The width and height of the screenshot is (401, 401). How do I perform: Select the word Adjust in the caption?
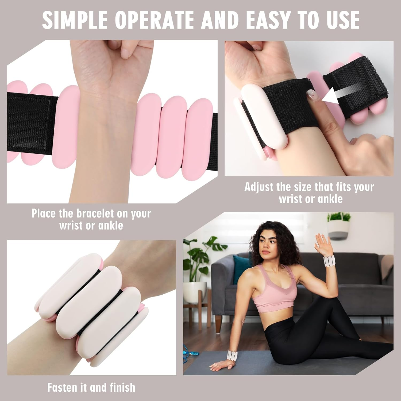pyautogui.click(x=259, y=187)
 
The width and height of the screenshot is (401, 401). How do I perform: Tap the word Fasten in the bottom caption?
pyautogui.click(x=64, y=387)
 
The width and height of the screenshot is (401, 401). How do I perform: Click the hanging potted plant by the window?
pyautogui.click(x=339, y=225)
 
